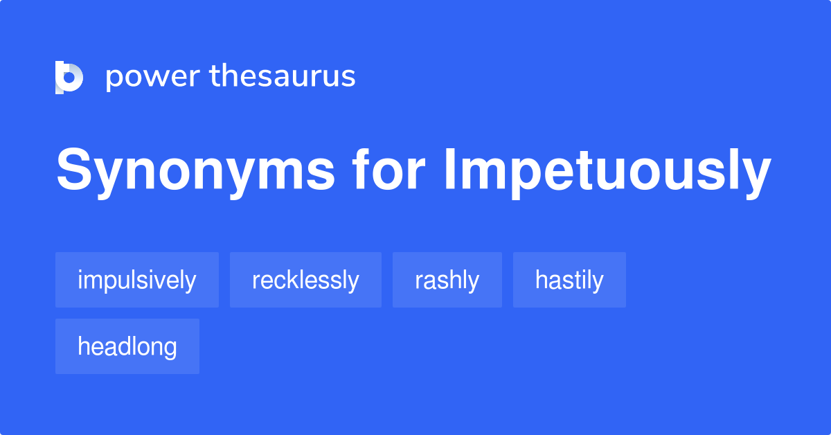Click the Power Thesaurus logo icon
coord(69,77)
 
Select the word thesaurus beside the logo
coord(283,76)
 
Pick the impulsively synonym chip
coord(137,280)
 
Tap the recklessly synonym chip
coord(305,280)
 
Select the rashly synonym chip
coord(447,280)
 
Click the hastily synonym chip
coord(569,280)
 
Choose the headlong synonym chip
coord(127,346)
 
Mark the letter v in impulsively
coord(164,281)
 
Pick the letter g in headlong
coord(170,348)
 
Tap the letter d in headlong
coord(120,346)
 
